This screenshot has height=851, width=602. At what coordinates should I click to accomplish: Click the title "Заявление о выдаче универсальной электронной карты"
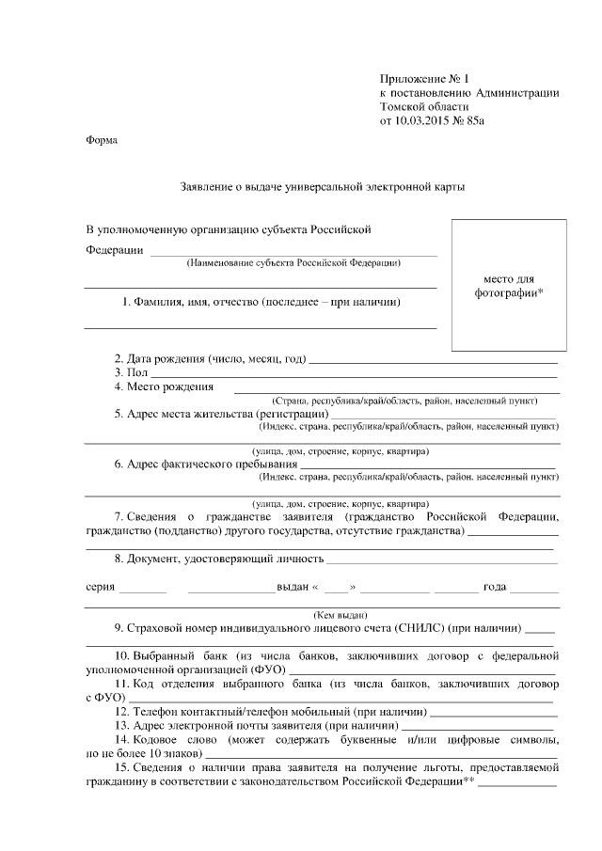[322, 187]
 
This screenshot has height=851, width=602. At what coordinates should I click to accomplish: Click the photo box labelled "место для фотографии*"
[509, 285]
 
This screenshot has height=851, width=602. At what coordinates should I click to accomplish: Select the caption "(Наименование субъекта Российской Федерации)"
[293, 263]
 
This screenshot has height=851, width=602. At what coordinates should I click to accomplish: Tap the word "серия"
[100, 587]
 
